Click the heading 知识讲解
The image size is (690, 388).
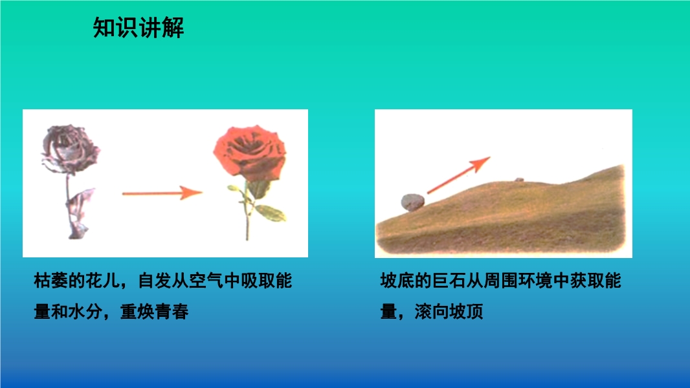pos(138,28)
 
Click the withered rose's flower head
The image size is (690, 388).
pos(71,149)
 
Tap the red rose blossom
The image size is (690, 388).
pos(250,153)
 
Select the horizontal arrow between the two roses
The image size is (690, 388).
pos(162,193)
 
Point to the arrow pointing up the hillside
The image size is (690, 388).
pos(458,175)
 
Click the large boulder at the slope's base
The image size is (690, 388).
pos(413,202)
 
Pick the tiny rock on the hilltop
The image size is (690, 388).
pos(519,179)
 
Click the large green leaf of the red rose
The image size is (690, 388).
pos(271,213)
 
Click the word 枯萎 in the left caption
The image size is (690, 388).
pos(50,281)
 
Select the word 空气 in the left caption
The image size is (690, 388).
pos(207,281)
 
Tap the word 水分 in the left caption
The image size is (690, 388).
pos(85,312)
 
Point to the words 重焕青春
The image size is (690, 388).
pos(155,312)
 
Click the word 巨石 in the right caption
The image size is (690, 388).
pos(449,281)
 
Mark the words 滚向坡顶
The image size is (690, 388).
pos(449,312)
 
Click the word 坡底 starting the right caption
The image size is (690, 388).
pos(397,281)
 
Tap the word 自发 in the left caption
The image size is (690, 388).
pos(155,281)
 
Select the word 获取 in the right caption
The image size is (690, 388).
pos(587,281)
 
